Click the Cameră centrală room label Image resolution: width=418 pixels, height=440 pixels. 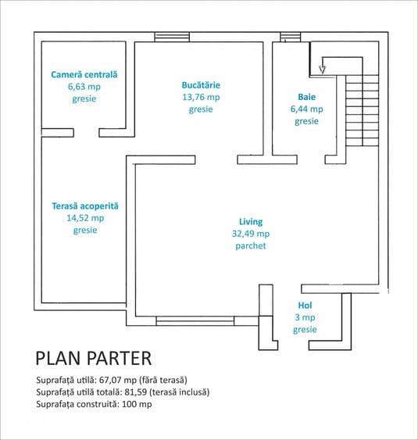(84, 75)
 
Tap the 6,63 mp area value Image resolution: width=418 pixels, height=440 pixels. (84, 87)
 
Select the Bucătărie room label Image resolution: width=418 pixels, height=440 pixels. (201, 85)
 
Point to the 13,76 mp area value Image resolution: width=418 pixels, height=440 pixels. (201, 98)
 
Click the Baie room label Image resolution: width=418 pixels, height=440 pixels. (306, 97)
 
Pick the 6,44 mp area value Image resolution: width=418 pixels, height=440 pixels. (306, 109)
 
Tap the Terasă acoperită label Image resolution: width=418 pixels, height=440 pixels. (85, 206)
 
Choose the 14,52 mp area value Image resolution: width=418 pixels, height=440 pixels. (85, 218)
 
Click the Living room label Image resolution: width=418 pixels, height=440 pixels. (251, 222)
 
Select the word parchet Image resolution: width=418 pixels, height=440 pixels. (251, 246)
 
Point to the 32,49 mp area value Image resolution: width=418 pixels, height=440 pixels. (251, 234)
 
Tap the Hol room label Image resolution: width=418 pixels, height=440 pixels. (305, 306)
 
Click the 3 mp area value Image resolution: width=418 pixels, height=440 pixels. (305, 317)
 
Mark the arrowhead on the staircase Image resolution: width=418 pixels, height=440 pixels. (323, 70)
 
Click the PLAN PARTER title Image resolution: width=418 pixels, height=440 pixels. (94, 358)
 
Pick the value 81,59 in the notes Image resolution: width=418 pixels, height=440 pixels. (136, 392)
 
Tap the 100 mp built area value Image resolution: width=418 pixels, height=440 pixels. (137, 404)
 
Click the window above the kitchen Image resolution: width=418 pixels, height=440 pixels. (172, 37)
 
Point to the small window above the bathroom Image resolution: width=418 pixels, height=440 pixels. (291, 37)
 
